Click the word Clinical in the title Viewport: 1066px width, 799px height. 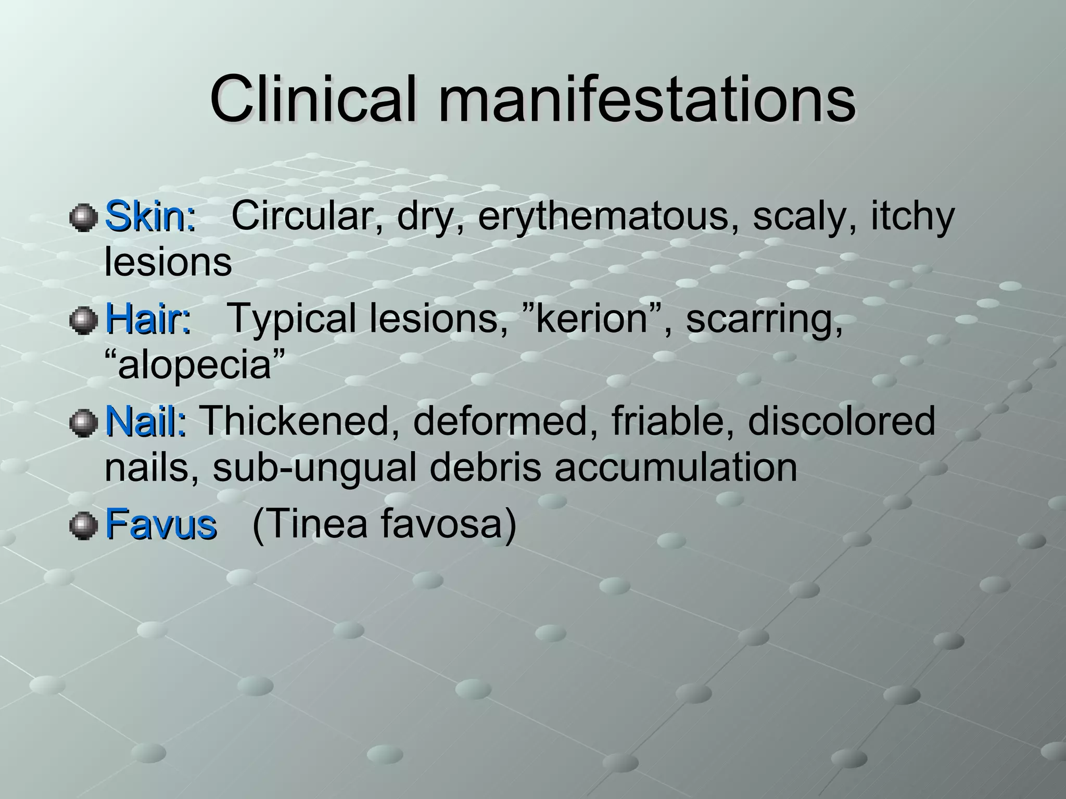coord(313,99)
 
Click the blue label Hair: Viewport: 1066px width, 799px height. coord(148,319)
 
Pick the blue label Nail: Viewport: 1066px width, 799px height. coord(146,421)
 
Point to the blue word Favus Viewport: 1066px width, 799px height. coord(160,524)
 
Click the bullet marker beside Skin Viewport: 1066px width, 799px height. coord(83,217)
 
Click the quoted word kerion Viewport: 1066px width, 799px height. coord(591,318)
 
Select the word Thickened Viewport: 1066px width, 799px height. coord(295,421)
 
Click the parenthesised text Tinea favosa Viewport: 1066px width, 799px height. coord(384,524)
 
